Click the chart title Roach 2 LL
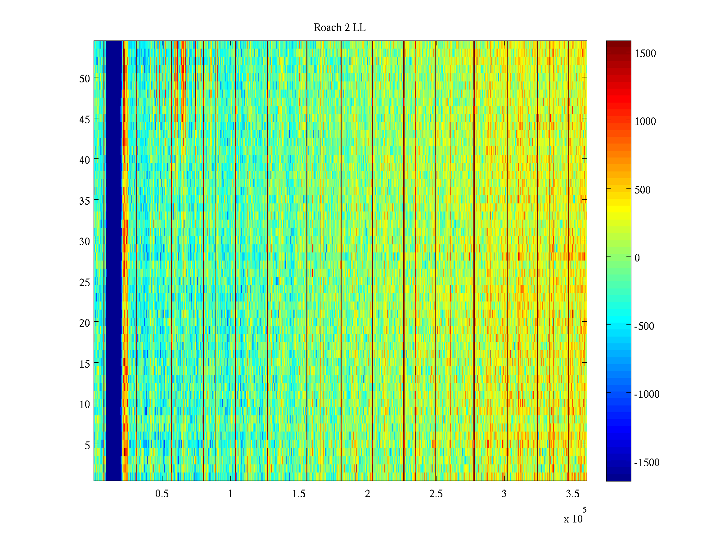tap(339, 28)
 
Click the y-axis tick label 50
tap(85, 78)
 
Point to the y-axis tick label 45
tap(85, 119)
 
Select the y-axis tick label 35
tap(85, 201)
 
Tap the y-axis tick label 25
tap(85, 282)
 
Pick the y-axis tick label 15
tap(85, 364)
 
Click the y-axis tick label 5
tap(87, 445)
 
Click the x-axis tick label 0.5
tap(162, 494)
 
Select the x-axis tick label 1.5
tap(299, 494)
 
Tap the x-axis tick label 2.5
tap(436, 494)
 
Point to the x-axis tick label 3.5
tap(572, 494)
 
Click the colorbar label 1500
tap(645, 54)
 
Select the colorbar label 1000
tap(645, 121)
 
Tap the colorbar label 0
tap(637, 258)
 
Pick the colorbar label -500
tap(644, 326)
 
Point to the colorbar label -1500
tap(647, 463)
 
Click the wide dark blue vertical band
tap(113, 261)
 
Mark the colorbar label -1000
tap(647, 394)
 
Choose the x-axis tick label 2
tap(367, 494)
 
